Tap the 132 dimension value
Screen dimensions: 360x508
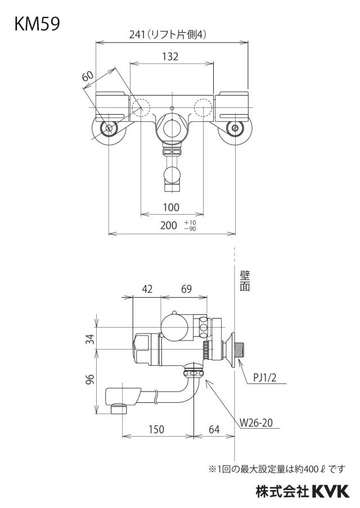pos(170,56)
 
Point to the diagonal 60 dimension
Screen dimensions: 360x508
pos(88,76)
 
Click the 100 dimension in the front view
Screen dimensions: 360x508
pos(171,207)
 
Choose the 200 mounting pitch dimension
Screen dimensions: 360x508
pos(169,225)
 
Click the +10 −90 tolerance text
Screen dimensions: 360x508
pos(190,225)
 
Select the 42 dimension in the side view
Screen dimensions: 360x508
pos(147,289)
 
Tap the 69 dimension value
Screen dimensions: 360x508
pos(186,289)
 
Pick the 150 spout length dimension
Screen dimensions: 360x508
pos(156,429)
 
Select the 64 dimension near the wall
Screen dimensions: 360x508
pos(214,429)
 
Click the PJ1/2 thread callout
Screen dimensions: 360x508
pos(264,378)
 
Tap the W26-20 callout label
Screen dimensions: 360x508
pos(256,423)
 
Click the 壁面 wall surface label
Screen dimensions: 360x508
pos(245,281)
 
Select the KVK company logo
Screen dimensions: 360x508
pos(331,492)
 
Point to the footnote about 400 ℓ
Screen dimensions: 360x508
pos(277,469)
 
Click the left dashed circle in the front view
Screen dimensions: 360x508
pos(141,107)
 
